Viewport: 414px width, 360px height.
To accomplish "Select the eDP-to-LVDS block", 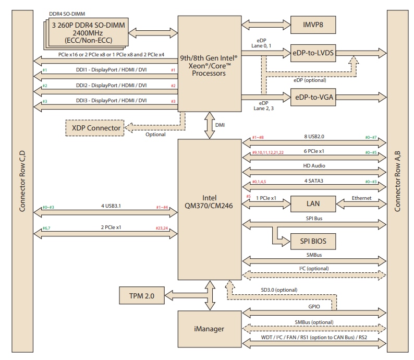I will pos(314,53).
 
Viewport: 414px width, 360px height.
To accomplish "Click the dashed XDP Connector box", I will pos(94,127).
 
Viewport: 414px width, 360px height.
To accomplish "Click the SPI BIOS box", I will pos(313,242).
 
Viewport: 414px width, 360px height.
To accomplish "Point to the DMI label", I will pos(221,125).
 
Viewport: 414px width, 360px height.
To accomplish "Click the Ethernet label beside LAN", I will pos(361,198).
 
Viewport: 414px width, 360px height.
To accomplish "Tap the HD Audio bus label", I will pos(314,166).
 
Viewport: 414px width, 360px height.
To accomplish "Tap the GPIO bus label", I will pos(313,308).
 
